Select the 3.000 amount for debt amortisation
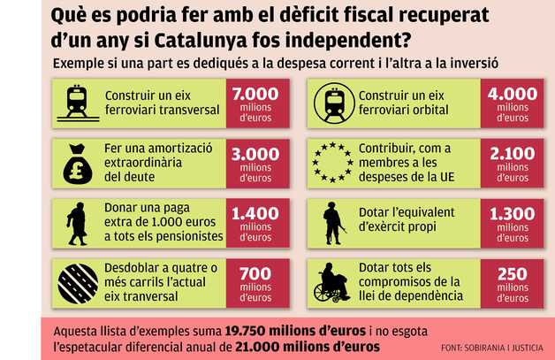click(x=255, y=154)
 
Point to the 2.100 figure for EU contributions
click(x=513, y=154)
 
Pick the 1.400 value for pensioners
click(x=255, y=213)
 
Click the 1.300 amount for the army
click(x=513, y=213)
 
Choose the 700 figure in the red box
click(x=255, y=274)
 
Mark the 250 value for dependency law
click(x=513, y=274)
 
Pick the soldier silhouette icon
click(x=334, y=223)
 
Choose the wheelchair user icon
click(x=334, y=283)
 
